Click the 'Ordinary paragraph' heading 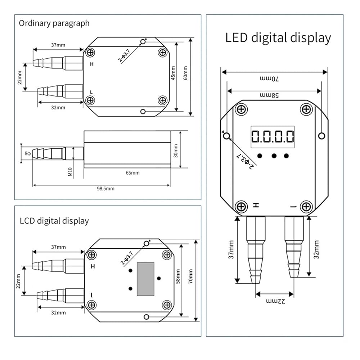coord(54,23)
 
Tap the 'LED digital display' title coord(278,38)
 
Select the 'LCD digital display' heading coord(54,221)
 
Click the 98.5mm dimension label coord(105,189)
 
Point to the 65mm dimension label coord(132,173)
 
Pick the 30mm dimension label coord(176,151)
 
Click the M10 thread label coord(70,172)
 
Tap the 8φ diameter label coord(28,153)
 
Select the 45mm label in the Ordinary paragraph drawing coord(173,73)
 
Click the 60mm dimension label coord(185,73)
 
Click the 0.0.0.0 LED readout coord(273,136)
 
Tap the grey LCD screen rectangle coord(145,279)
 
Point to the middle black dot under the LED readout coord(274,156)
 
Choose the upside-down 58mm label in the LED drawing coord(269,95)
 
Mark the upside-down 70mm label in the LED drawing coord(269,79)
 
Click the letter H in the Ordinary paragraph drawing coord(91,64)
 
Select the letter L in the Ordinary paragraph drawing coord(91,92)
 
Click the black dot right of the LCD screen coord(159,279)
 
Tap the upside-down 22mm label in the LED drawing coord(275,301)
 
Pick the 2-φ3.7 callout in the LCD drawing coord(127,258)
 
